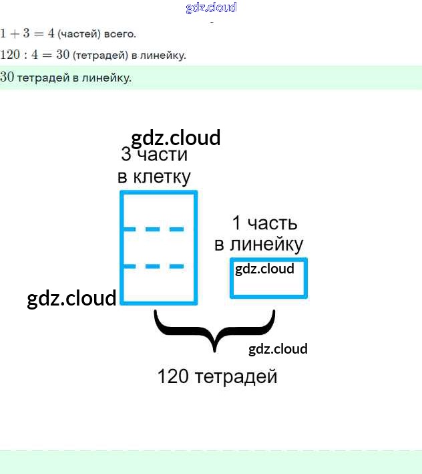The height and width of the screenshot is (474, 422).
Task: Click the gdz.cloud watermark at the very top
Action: point(211,8)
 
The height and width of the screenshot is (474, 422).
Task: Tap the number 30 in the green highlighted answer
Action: point(7,78)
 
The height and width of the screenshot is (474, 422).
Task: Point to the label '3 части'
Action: point(154,156)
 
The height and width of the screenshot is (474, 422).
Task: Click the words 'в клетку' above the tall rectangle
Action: point(154,177)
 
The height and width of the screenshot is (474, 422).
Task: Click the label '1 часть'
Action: point(264,223)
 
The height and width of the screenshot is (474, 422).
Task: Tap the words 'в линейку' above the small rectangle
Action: point(258,245)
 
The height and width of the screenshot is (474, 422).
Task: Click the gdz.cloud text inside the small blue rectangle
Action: point(264,269)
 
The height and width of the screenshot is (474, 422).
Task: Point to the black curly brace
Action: point(214,332)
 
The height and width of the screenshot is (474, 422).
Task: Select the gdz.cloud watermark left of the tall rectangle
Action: point(71,298)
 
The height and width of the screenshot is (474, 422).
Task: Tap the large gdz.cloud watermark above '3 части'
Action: point(176,138)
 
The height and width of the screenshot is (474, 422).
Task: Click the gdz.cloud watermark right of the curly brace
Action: point(278,349)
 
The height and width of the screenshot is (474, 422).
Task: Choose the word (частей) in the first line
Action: point(79,33)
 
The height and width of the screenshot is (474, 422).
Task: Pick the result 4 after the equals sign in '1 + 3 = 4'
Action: point(51,33)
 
